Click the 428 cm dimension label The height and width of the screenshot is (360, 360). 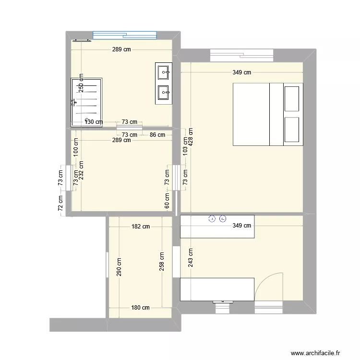191,138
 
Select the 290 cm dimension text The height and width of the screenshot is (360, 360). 119,267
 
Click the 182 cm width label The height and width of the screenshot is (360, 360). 140,227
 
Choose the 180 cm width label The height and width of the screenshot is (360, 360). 140,308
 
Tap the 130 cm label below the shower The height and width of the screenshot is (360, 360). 94,122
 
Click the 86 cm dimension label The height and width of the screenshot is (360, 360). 157,135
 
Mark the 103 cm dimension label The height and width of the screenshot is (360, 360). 185,143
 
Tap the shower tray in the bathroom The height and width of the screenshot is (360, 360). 87,102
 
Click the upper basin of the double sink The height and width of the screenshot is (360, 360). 163,73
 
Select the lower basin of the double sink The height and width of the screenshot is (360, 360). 163,91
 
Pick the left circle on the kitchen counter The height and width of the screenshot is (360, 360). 212,219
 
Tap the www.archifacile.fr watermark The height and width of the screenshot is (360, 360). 315,352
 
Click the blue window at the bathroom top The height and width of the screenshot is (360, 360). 124,35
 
